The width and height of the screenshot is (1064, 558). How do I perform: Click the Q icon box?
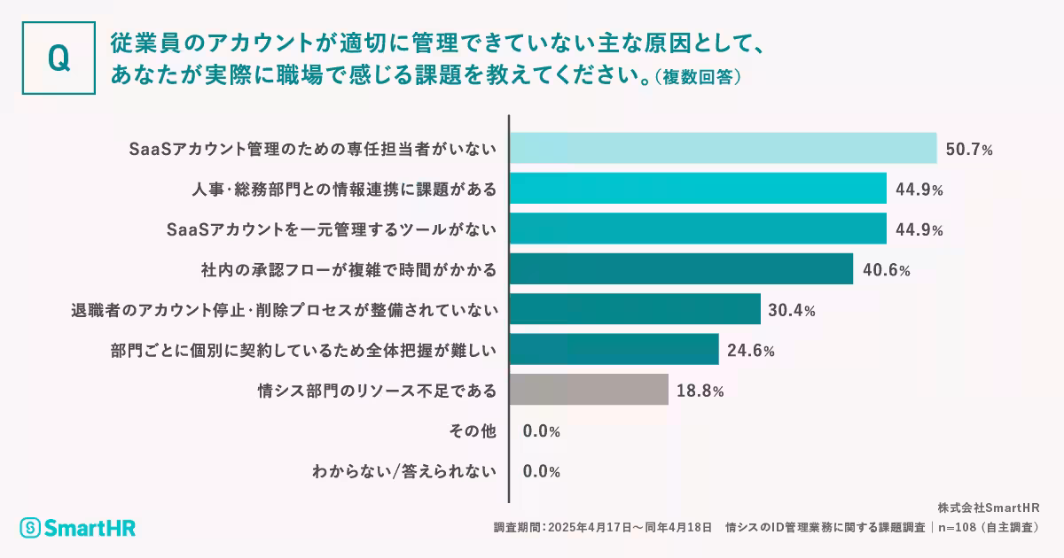point(59,58)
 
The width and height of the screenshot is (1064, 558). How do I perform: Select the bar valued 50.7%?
point(724,148)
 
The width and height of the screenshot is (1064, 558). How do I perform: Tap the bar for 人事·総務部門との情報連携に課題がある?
point(698,189)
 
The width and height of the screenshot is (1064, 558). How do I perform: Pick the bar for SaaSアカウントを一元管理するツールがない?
point(698,229)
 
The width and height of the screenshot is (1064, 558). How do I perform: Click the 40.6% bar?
point(681,269)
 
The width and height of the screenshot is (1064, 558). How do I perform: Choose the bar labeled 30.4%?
point(635,309)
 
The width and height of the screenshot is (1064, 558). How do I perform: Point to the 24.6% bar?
point(614,350)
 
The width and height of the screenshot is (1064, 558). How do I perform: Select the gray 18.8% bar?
point(589,390)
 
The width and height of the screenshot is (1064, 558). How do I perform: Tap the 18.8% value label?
point(700,391)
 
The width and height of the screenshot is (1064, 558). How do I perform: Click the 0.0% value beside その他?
point(541,431)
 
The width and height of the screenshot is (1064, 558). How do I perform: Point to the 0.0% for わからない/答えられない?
point(541,471)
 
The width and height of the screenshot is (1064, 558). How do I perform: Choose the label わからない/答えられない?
point(404,471)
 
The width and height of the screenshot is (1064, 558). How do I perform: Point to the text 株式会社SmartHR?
point(988,508)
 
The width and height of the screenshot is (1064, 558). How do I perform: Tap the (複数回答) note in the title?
point(697,77)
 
